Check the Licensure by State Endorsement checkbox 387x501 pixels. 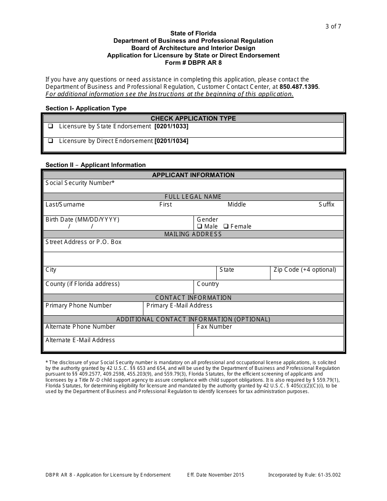pyautogui.click(x=51, y=126)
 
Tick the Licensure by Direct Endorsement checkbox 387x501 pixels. pyautogui.click(x=51, y=141)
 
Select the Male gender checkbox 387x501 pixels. pyautogui.click(x=200, y=226)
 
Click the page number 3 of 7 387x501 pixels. pyautogui.click(x=333, y=26)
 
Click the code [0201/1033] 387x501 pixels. pyautogui.click(x=171, y=126)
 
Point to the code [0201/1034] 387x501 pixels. pyautogui.click(x=171, y=141)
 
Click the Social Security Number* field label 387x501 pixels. pyautogui.click(x=80, y=183)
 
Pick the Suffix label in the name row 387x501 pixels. pyautogui.click(x=326, y=204)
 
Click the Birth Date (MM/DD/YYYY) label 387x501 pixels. pyautogui.click(x=82, y=220)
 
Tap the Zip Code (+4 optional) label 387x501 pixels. pyautogui.click(x=305, y=270)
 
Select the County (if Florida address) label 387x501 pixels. pyautogui.click(x=82, y=284)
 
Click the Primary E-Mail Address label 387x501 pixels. pyautogui.click(x=179, y=305)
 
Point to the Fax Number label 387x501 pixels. pyautogui.click(x=214, y=327)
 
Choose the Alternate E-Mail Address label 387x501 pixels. pyautogui.click(x=80, y=340)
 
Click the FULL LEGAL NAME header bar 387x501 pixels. pyautogui.click(x=193, y=197)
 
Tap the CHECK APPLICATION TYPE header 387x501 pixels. pyautogui.click(x=193, y=119)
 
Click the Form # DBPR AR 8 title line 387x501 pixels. pyautogui.click(x=193, y=63)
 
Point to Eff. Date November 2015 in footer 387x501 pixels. pyautogui.click(x=215, y=475)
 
